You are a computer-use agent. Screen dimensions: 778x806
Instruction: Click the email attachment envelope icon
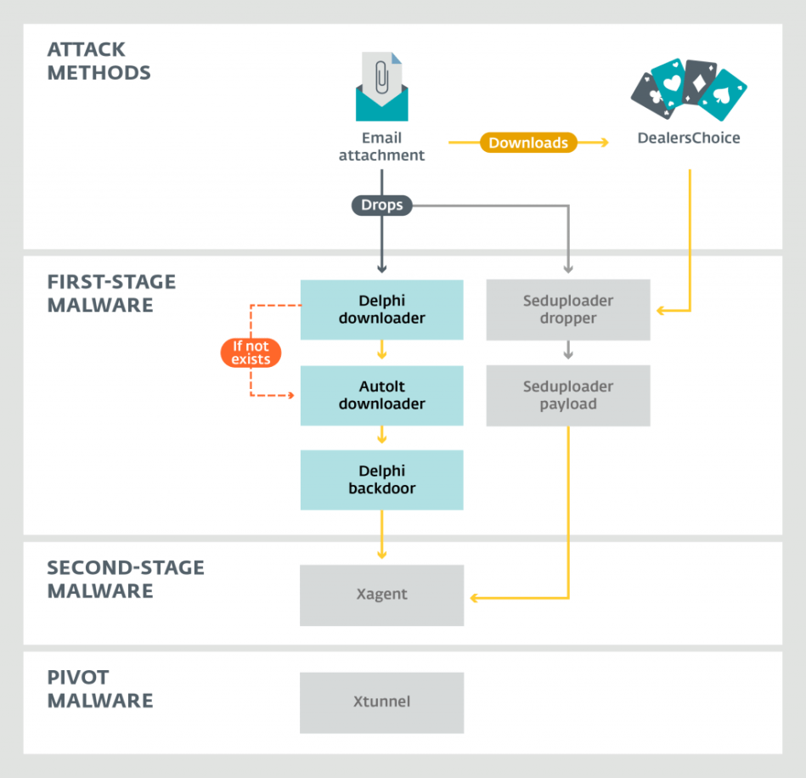click(381, 89)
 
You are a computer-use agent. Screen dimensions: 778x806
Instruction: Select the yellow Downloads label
click(527, 143)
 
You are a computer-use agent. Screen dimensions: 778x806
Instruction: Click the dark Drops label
click(381, 205)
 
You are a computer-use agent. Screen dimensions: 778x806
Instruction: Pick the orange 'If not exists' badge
click(251, 352)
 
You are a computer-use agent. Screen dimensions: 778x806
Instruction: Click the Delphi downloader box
click(381, 309)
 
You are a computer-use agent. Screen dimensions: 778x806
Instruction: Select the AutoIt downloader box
click(381, 395)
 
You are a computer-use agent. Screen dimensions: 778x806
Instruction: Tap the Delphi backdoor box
click(381, 480)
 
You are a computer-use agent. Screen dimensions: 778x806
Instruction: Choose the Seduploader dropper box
click(567, 309)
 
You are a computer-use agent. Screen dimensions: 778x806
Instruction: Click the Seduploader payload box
click(567, 395)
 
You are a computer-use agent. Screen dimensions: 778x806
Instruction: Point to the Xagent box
click(381, 595)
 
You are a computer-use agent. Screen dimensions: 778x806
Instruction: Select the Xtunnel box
click(381, 702)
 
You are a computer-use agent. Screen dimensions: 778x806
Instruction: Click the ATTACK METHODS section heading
click(99, 61)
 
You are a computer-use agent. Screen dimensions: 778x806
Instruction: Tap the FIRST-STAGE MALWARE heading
click(111, 294)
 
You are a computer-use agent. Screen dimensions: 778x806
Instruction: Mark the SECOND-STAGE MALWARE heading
click(126, 579)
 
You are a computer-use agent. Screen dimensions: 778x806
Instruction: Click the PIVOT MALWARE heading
click(100, 689)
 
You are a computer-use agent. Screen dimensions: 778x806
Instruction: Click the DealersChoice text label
click(688, 138)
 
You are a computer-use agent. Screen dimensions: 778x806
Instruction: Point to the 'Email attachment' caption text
click(381, 146)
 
